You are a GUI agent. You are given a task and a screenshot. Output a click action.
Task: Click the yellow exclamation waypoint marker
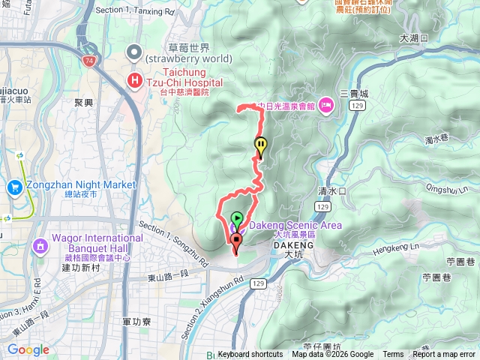point(260,146)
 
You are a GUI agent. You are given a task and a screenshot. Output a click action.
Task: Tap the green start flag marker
point(237,220)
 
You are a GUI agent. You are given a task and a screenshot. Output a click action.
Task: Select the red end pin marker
point(237,241)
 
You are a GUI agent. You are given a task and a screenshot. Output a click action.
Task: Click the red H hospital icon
point(135,79)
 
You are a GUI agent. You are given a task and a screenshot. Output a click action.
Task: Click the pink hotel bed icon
point(325,105)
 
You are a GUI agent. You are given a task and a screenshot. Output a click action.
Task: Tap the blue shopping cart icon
point(13,186)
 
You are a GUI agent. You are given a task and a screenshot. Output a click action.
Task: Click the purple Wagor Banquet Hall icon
point(39,244)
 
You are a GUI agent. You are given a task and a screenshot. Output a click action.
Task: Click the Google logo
point(28,349)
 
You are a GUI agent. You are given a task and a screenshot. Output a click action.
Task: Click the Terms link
point(393,355)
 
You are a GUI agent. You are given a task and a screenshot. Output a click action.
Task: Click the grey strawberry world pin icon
point(134,52)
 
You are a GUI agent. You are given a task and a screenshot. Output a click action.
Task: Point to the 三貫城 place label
point(354,94)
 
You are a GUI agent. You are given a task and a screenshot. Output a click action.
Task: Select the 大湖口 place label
point(413,37)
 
